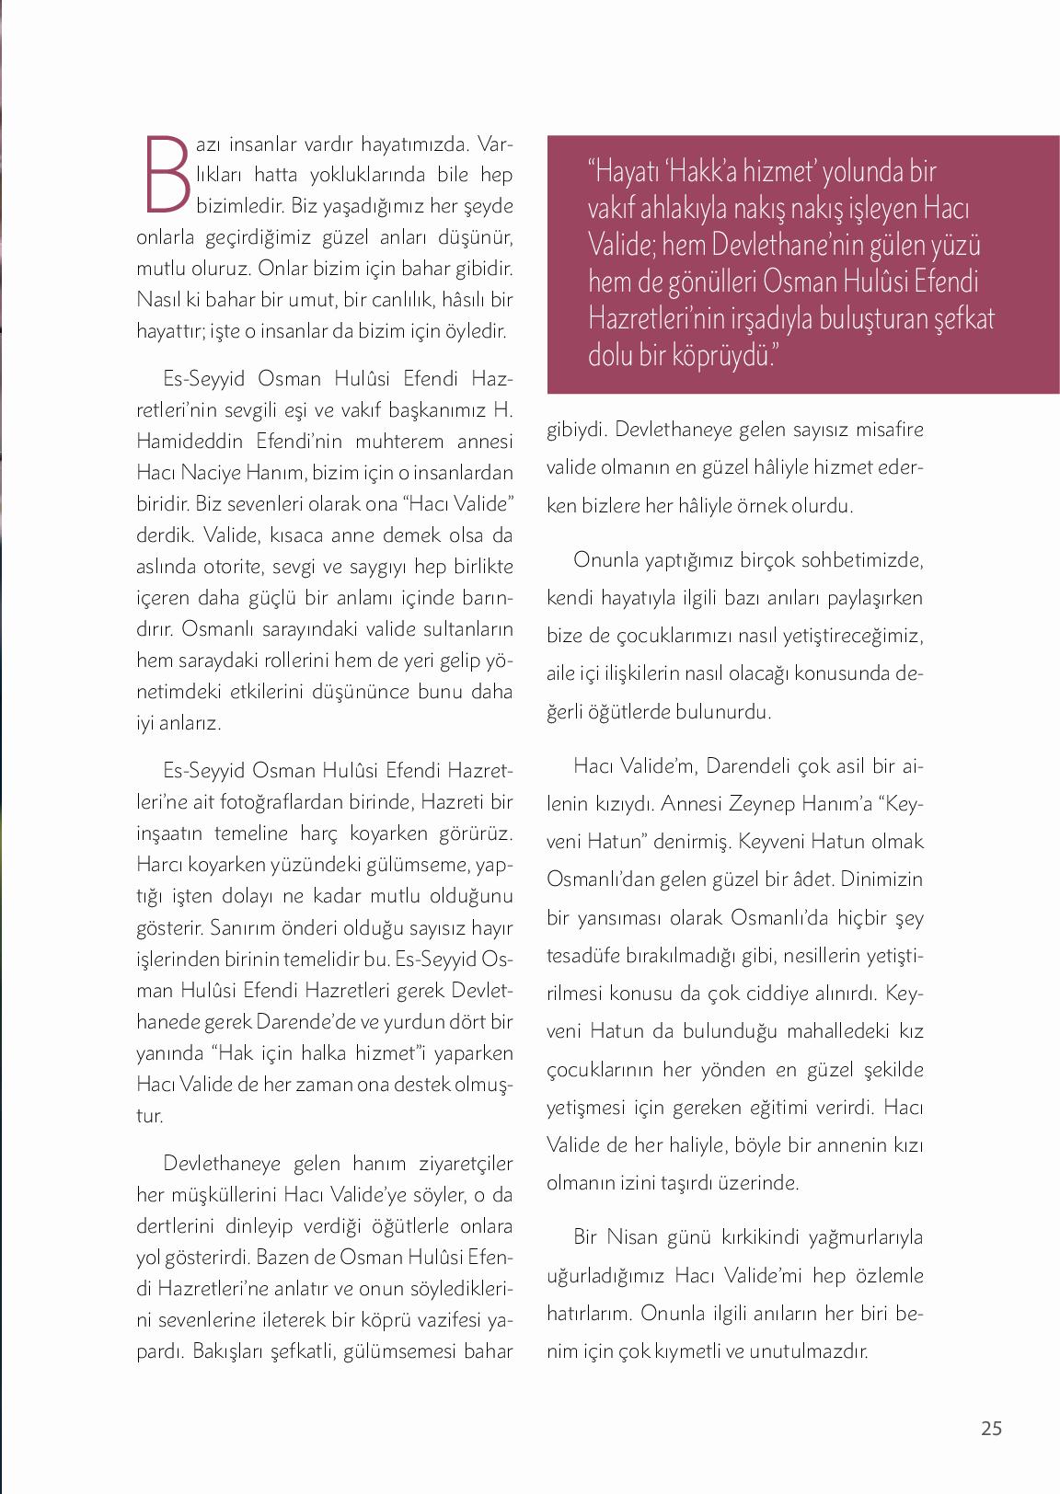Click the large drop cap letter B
(x=166, y=174)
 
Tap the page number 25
(x=991, y=1428)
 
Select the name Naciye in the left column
(x=218, y=473)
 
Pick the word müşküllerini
(x=221, y=1195)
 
